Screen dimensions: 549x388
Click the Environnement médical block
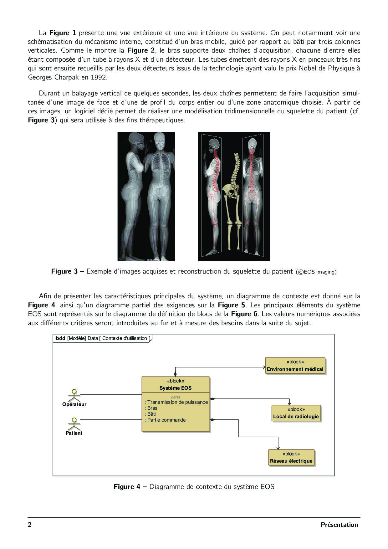tap(295, 366)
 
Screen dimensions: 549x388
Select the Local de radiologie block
tap(296, 413)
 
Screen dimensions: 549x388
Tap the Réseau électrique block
tap(291, 458)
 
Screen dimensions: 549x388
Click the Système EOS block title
tap(176, 388)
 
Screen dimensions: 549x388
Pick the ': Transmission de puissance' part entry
tap(176, 402)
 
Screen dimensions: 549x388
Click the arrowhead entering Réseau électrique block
tap(278, 448)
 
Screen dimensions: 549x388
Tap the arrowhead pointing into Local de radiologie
tap(289, 403)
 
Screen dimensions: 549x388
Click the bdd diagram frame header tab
tap(102, 338)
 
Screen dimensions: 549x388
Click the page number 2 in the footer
tap(30, 525)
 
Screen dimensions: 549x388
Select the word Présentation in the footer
tap(339, 525)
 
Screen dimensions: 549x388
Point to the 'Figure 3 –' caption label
tap(68, 271)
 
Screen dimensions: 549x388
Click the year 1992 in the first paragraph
tap(99, 77)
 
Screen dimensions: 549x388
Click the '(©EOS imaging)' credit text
tap(316, 272)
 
